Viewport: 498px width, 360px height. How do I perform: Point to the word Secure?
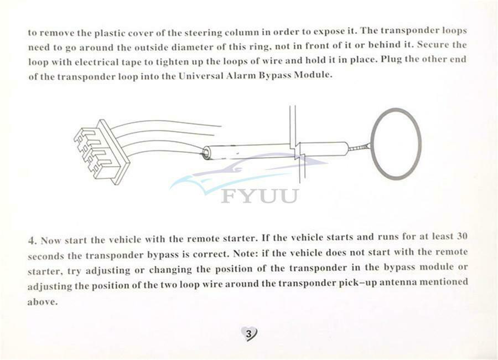[432, 44]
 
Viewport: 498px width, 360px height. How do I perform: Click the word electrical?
[96, 61]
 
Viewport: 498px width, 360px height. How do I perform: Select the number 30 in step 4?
[462, 236]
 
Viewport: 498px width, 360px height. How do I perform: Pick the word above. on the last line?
[43, 301]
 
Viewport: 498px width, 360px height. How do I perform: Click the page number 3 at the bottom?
[249, 334]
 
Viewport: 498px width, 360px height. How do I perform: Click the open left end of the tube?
[206, 152]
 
